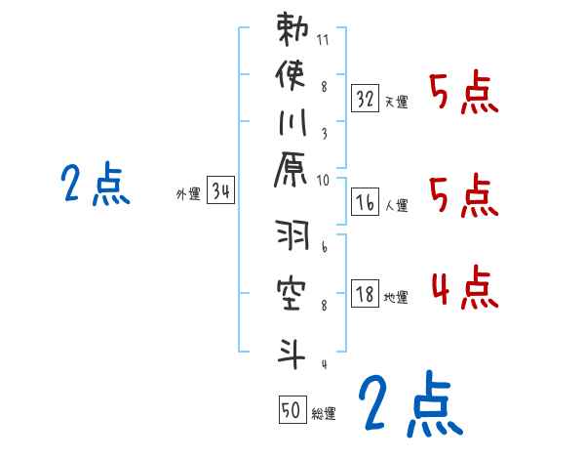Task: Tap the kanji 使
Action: (292, 75)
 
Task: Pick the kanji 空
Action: (292, 293)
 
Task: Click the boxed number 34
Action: (220, 191)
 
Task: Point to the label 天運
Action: (396, 102)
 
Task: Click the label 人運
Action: (396, 205)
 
